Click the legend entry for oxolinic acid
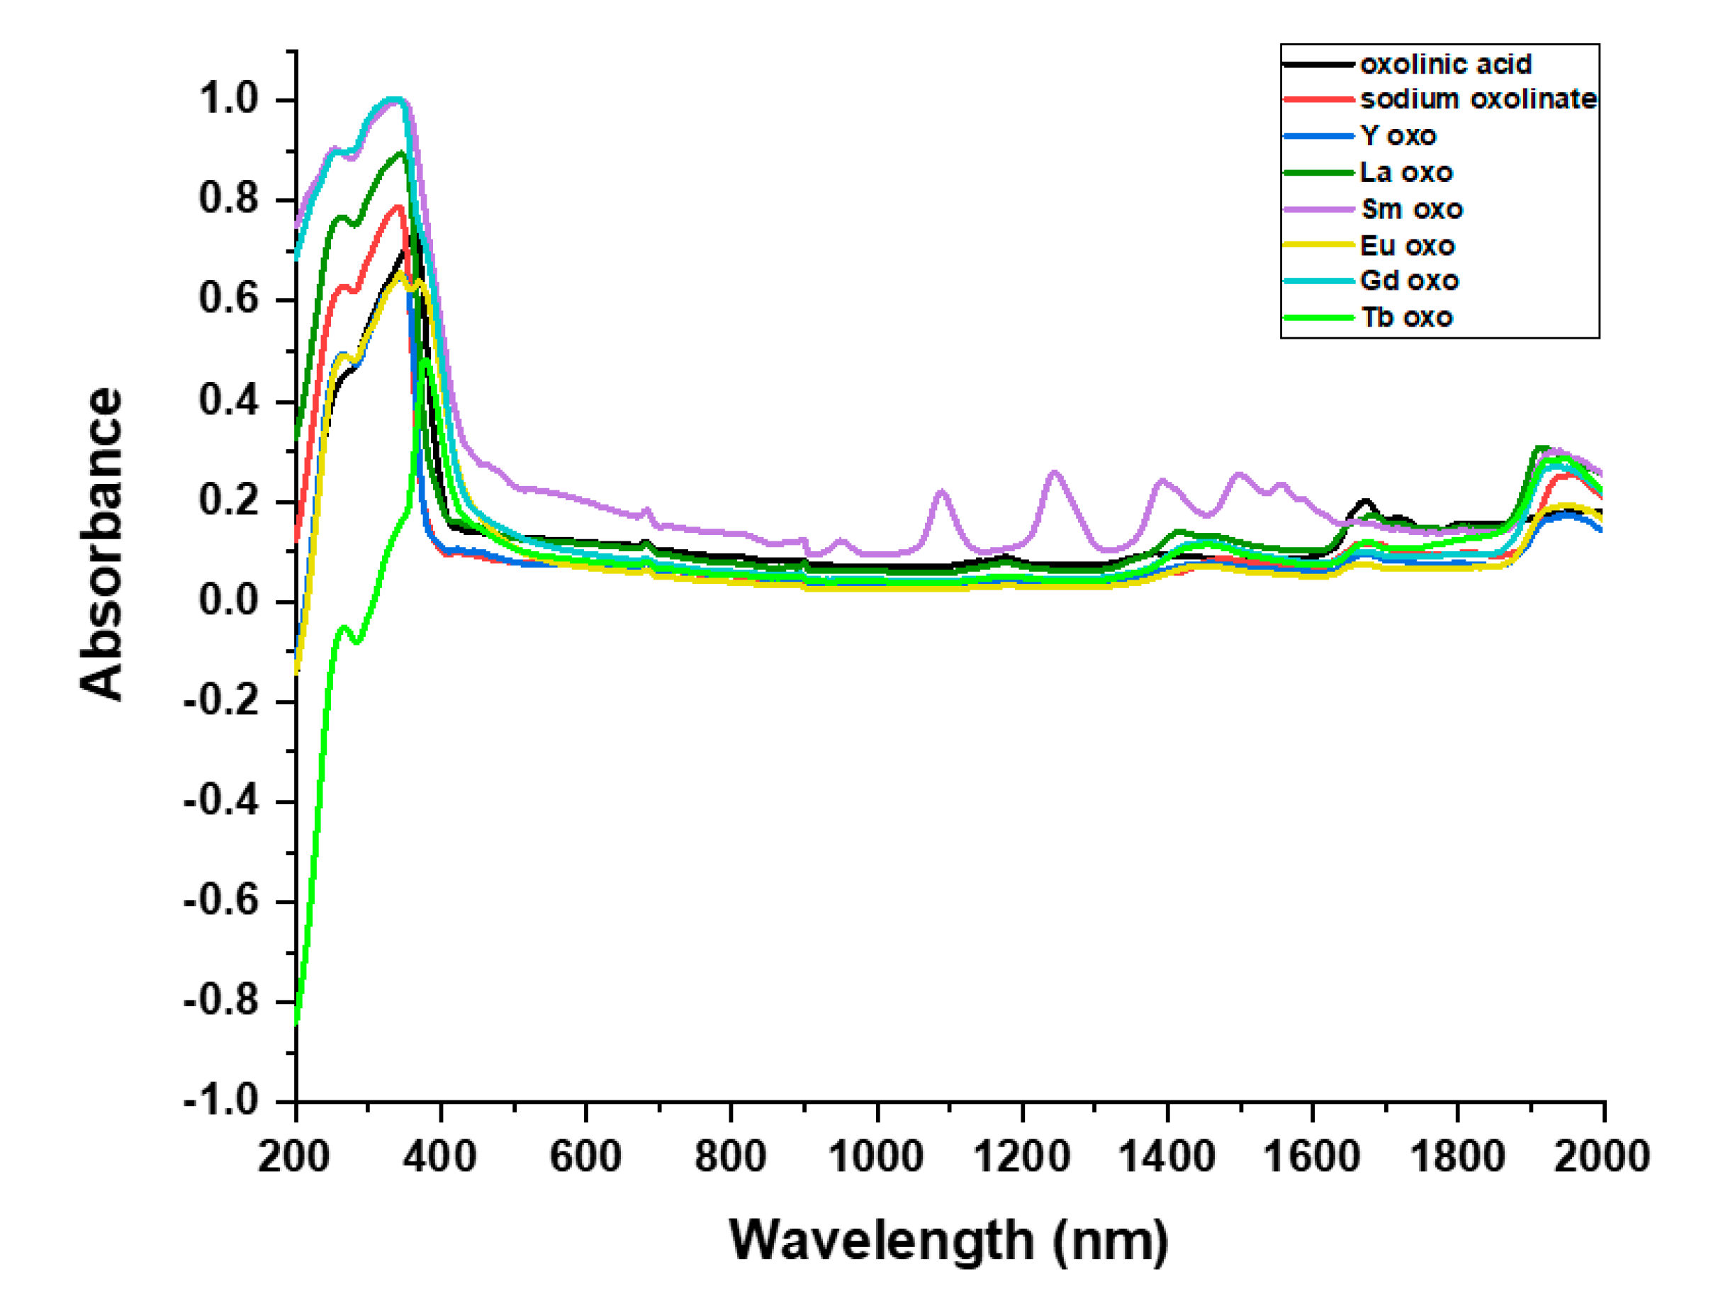tap(1444, 64)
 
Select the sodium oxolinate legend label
tap(1478, 99)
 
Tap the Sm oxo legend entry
tap(1411, 210)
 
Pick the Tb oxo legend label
tap(1406, 317)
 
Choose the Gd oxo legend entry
tap(1409, 281)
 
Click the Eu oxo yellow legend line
tap(1319, 245)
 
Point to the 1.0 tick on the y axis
tap(228, 99)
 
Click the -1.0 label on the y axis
tap(221, 1100)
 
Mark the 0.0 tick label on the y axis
tap(228, 600)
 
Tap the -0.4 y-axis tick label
tap(221, 800)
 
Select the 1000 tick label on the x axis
tap(876, 1156)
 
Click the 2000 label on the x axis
tap(1601, 1156)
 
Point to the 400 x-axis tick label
tap(440, 1156)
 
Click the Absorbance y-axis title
tap(102, 543)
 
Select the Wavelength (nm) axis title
tap(948, 1241)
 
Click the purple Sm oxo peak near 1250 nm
tap(1055, 473)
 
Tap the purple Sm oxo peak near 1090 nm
tap(941, 492)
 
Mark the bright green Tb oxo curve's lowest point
tap(296, 1022)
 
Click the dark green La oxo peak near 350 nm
tap(401, 153)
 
